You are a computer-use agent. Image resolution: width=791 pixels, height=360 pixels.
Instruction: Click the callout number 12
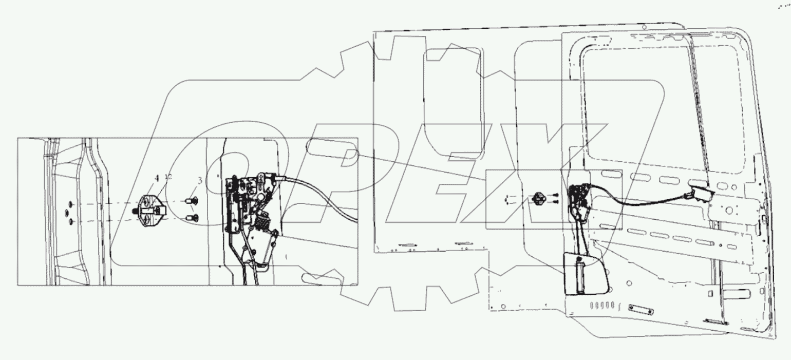click(x=167, y=177)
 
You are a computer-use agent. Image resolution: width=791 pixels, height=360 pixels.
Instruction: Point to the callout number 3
click(x=200, y=180)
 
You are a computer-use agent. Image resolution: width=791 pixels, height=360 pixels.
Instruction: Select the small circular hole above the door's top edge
click(x=645, y=27)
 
